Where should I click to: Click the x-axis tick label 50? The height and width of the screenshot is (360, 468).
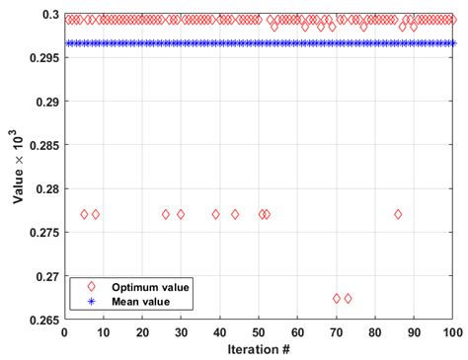click(x=258, y=331)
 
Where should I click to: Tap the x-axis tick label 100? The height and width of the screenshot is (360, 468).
click(x=452, y=331)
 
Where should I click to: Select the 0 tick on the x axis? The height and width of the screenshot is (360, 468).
click(x=64, y=331)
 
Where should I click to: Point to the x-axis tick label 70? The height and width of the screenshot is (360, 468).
click(x=336, y=331)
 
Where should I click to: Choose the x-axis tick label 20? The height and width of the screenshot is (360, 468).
click(x=141, y=331)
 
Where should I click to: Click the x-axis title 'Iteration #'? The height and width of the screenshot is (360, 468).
click(x=259, y=349)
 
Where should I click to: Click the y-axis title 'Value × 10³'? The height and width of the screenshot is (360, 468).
click(x=19, y=167)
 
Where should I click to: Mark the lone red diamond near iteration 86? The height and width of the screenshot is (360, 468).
click(x=398, y=214)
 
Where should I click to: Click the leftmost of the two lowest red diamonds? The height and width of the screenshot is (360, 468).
click(x=336, y=298)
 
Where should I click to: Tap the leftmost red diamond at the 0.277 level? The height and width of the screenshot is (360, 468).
click(x=84, y=214)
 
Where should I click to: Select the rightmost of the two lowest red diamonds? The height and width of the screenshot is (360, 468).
click(x=348, y=298)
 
